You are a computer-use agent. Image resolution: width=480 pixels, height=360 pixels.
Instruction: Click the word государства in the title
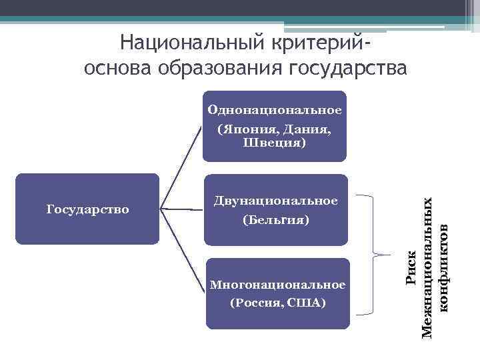coord(347,68)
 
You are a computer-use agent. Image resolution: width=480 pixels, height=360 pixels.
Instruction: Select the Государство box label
coord(87,209)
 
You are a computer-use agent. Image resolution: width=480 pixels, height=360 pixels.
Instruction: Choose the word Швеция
coord(275,143)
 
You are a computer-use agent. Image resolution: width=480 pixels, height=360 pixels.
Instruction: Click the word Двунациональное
coord(275,200)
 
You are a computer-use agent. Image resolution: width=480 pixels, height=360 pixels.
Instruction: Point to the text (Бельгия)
coord(275,219)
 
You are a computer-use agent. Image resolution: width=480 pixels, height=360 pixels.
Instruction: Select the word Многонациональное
coord(277,285)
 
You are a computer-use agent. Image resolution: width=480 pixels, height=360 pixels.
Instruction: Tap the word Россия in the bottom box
coord(257,303)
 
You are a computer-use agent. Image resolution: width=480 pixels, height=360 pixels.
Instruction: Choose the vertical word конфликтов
coord(445,267)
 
